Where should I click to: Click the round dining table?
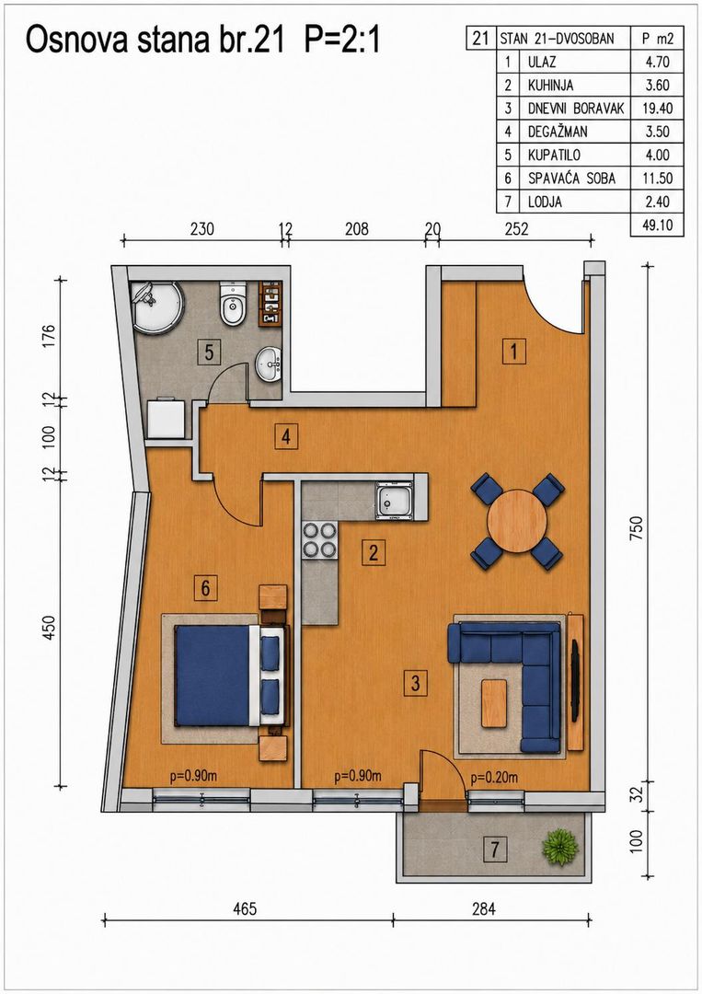click(x=517, y=521)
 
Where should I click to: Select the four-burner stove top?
click(x=319, y=539)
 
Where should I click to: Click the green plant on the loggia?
click(x=560, y=847)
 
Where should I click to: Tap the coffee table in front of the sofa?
click(x=493, y=703)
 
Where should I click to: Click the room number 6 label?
click(x=205, y=588)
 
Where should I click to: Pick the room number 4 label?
click(x=286, y=437)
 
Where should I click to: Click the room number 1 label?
click(x=513, y=351)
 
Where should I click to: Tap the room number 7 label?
click(x=495, y=850)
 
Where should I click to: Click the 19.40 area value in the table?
click(x=657, y=109)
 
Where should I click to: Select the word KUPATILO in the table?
click(x=554, y=156)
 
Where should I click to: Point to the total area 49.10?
click(x=657, y=225)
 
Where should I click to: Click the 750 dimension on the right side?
click(x=637, y=528)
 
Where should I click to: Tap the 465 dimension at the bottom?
click(x=245, y=909)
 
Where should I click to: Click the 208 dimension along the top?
click(x=357, y=228)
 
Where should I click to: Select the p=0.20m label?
click(x=493, y=777)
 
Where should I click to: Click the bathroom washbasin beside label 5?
click(x=270, y=364)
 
